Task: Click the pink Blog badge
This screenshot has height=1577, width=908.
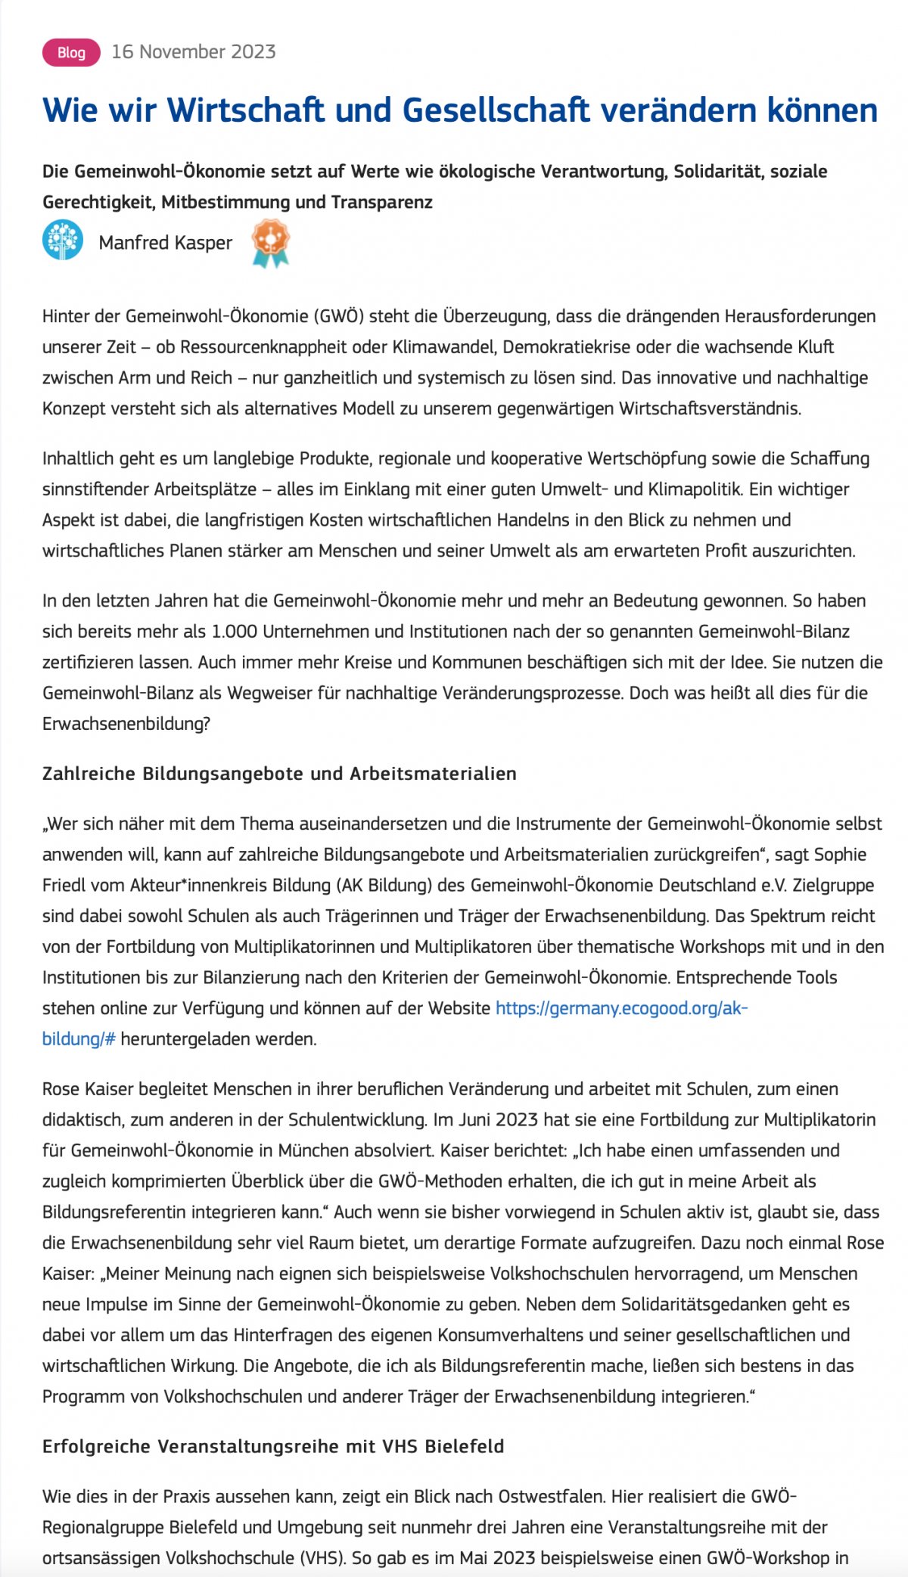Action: pyautogui.click(x=71, y=52)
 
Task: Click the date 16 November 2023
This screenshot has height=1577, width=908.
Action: pyautogui.click(x=194, y=51)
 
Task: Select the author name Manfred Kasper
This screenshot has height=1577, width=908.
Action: pyautogui.click(x=166, y=242)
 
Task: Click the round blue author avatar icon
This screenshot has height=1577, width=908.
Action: pyautogui.click(x=63, y=241)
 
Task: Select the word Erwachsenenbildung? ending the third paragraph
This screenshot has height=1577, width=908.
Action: pyautogui.click(x=126, y=724)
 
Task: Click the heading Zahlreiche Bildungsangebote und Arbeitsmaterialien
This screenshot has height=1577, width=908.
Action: pyautogui.click(x=279, y=774)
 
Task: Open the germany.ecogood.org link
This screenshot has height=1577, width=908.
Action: pyautogui.click(x=621, y=1008)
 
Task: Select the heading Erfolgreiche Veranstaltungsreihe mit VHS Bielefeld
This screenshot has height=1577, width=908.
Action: pyautogui.click(x=273, y=1446)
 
